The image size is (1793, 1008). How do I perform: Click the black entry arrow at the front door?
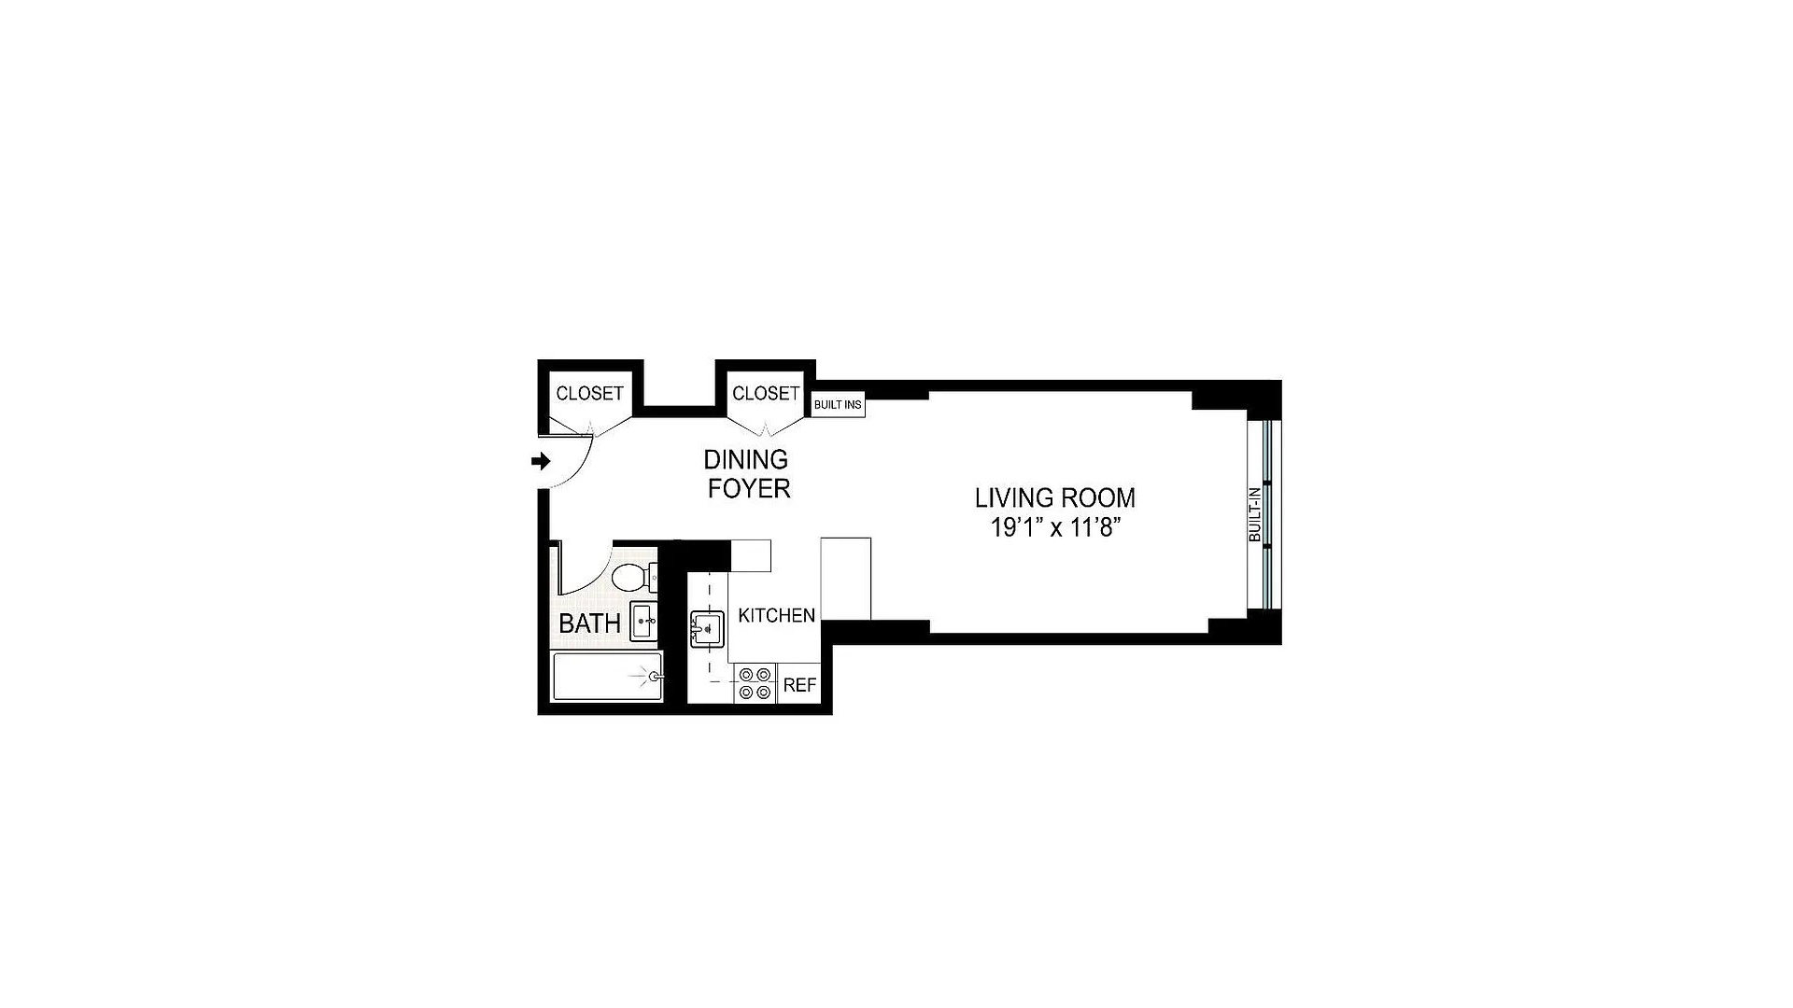click(541, 461)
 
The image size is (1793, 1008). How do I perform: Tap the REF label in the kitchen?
click(799, 685)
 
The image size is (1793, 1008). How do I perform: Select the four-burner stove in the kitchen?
click(755, 683)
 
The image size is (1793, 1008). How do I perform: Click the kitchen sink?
click(707, 628)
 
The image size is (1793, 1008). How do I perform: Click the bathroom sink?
click(643, 621)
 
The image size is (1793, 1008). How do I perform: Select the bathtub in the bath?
click(608, 677)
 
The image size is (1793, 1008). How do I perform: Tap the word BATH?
click(589, 623)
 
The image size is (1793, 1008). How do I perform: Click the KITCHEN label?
click(776, 615)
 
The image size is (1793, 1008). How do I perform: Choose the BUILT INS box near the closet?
click(838, 405)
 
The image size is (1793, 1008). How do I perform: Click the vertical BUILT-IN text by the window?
click(1255, 514)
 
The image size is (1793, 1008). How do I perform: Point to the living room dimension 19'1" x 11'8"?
click(1055, 528)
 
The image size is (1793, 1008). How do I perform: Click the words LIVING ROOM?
click(1055, 497)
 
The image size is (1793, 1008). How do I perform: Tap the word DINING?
click(745, 459)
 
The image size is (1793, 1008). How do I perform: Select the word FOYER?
click(749, 489)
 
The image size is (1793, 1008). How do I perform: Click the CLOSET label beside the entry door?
click(589, 394)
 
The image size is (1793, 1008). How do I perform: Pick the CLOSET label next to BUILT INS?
click(766, 394)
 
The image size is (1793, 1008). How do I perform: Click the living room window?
click(1267, 513)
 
